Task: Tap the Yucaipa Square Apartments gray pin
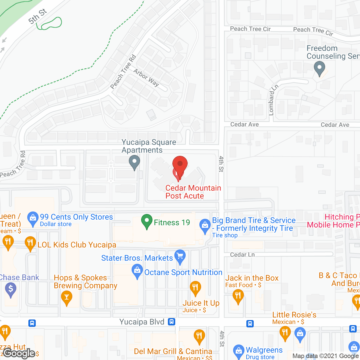(134, 162)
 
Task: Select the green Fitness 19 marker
(147, 221)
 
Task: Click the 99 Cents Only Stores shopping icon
(33, 218)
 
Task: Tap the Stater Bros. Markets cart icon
(180, 256)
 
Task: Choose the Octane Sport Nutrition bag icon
(137, 271)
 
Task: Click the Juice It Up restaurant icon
(195, 288)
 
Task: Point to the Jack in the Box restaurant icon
(238, 296)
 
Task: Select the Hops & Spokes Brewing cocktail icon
(67, 297)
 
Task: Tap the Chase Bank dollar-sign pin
(11, 289)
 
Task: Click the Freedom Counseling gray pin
(319, 68)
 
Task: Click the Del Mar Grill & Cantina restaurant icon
(199, 336)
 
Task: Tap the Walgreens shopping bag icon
(239, 351)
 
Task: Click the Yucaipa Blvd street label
(142, 322)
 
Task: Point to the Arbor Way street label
(146, 78)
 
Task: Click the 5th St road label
(37, 16)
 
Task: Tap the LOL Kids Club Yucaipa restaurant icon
(30, 243)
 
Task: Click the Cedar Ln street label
(242, 255)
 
